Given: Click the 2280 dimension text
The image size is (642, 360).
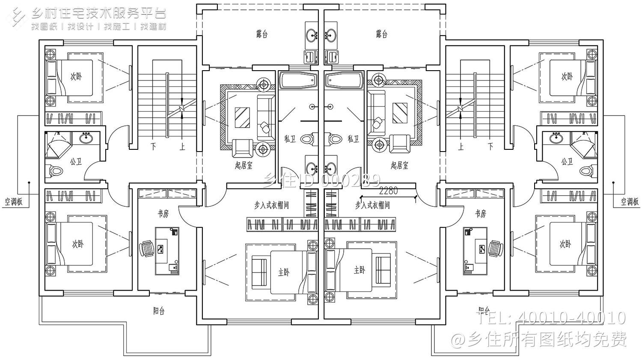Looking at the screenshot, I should pos(388,191).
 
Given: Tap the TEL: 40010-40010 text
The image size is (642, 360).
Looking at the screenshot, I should pos(552,318).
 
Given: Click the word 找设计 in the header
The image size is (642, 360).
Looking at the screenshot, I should pos(80,27).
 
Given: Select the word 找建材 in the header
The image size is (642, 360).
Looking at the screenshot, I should pos(153,27).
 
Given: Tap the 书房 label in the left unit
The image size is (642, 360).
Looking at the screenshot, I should pos(163,213).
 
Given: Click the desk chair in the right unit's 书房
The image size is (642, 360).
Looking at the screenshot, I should pos(495,249).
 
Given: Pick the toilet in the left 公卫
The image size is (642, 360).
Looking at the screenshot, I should pos(56,171).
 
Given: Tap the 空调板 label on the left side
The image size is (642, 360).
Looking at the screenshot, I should pos(14,202).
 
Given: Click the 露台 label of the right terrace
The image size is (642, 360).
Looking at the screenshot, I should pos(382,34).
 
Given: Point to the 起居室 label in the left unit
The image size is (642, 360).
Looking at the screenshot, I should pos(244,165).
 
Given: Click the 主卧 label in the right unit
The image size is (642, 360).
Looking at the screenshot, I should pos(360,270).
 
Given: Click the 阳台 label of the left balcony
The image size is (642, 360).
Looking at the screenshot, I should pos(159,311).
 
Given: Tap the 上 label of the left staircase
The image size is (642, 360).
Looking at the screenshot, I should pos(183,147).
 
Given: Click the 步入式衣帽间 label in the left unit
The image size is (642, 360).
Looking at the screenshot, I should pos(272,205).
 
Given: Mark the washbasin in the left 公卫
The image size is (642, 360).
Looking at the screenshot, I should pos(87,137).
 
